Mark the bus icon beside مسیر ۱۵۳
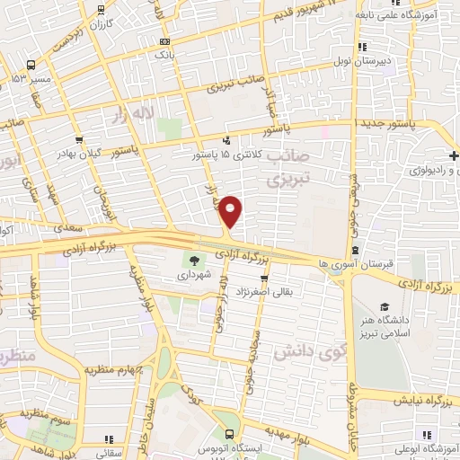(32, 66)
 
